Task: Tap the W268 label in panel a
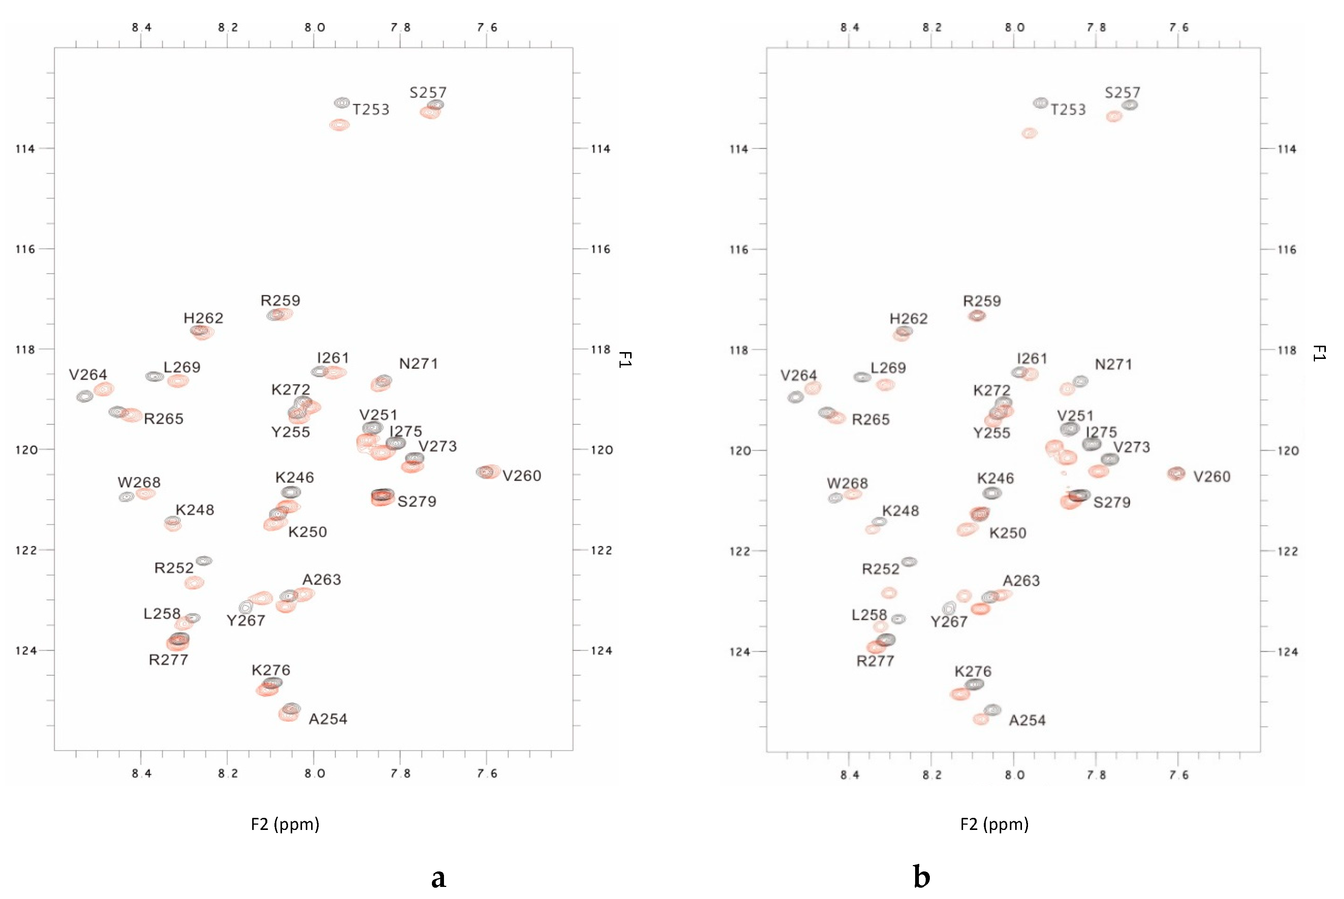pos(139,483)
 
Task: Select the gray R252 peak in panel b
pos(909,562)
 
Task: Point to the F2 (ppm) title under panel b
pos(994,825)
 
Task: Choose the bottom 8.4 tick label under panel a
pos(141,774)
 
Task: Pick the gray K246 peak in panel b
pos(992,493)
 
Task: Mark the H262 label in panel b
pos(908,319)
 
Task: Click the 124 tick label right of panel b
pos(1288,652)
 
